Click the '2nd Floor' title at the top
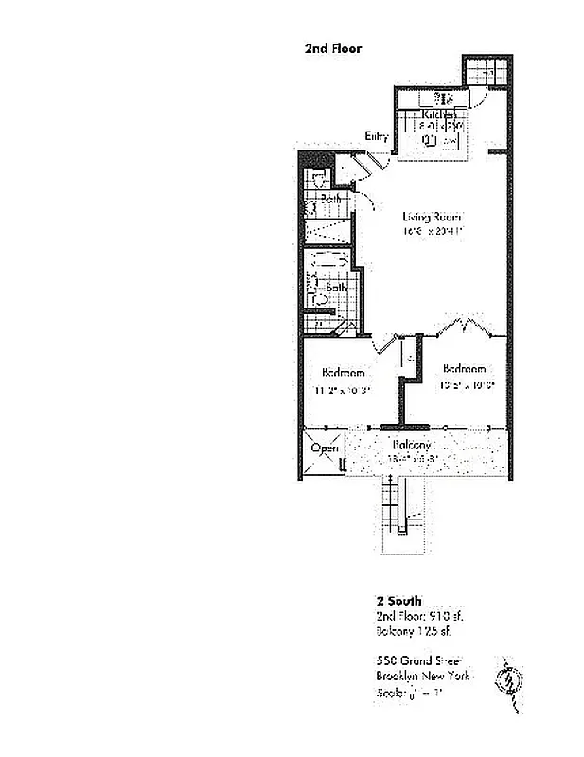[333, 47]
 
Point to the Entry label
[377, 137]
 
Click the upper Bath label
[330, 200]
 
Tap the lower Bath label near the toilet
[337, 287]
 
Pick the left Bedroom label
[343, 372]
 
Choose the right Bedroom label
[465, 368]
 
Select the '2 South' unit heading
[398, 600]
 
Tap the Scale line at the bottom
[409, 694]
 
